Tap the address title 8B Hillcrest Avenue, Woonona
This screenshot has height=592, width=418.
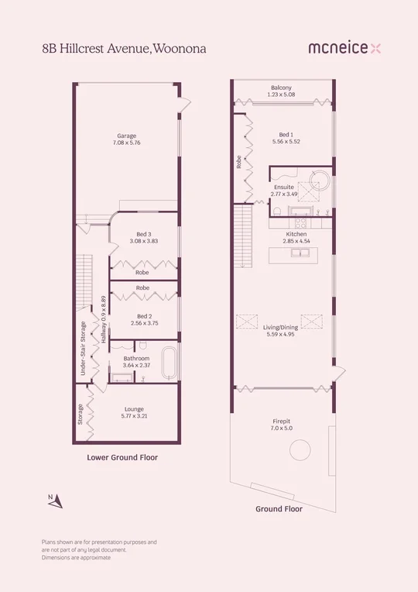[124, 48]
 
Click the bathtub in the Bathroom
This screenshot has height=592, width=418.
[170, 363]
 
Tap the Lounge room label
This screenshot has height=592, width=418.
[135, 412]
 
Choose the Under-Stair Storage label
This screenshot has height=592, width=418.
[82, 349]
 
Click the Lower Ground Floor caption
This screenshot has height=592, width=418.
[122, 458]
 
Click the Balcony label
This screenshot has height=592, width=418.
[281, 91]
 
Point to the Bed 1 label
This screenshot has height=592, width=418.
[286, 138]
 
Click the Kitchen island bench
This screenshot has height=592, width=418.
[290, 256]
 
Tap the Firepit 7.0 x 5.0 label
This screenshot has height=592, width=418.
[283, 425]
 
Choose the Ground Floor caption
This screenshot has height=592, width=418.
[279, 509]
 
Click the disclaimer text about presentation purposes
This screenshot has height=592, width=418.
[99, 549]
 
